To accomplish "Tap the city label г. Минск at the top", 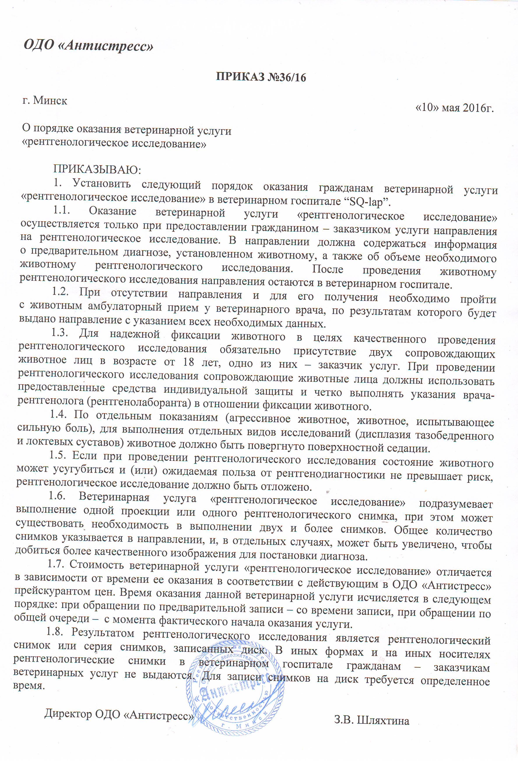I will coord(45,100).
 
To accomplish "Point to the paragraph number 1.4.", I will coord(58,415).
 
